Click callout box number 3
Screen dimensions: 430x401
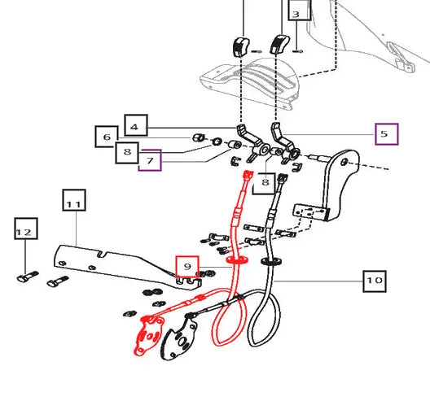pyautogui.click(x=300, y=10)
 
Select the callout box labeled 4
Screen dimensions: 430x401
pyautogui.click(x=136, y=125)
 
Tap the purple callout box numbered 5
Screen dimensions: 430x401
pyautogui.click(x=387, y=134)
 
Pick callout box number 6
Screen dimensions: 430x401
pyautogui.click(x=107, y=137)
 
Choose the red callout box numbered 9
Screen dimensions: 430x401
pyautogui.click(x=187, y=267)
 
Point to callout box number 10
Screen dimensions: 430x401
pyautogui.click(x=375, y=281)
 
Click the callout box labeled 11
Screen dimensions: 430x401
pyautogui.click(x=74, y=200)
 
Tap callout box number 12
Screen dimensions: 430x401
pyautogui.click(x=26, y=229)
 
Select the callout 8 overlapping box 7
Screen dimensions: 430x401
pyautogui.click(x=127, y=153)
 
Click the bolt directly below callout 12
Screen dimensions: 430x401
pyautogui.click(x=28, y=277)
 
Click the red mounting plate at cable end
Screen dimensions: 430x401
pyautogui.click(x=149, y=335)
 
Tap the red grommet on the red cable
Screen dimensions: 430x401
pyautogui.click(x=237, y=260)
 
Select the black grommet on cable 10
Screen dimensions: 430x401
pyautogui.click(x=271, y=261)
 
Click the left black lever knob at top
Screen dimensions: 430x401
pyautogui.click(x=241, y=47)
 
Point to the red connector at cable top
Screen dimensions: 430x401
pyautogui.click(x=248, y=175)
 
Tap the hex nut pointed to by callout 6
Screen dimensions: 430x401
pyautogui.click(x=198, y=137)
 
